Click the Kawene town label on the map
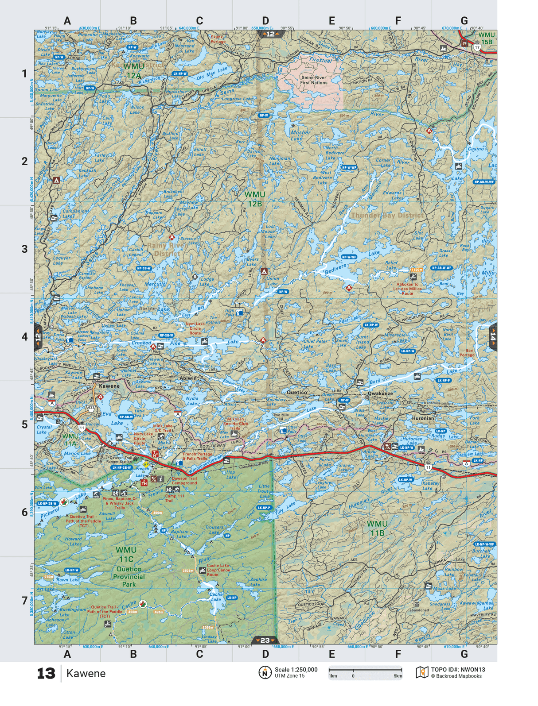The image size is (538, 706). (109, 386)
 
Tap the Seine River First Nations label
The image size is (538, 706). (314, 80)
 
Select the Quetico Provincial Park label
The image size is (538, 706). (129, 577)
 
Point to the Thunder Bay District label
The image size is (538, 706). (387, 216)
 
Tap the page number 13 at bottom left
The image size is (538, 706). (46, 674)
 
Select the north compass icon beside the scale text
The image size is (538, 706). (265, 672)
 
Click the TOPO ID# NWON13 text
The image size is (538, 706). (458, 670)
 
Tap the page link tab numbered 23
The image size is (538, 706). (265, 640)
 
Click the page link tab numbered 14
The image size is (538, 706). (492, 338)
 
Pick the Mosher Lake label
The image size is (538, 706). (300, 135)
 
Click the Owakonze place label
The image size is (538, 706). (380, 393)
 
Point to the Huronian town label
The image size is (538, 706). (423, 418)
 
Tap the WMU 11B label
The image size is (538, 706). (377, 529)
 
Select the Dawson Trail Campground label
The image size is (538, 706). (184, 481)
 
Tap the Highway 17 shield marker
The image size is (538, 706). (477, 47)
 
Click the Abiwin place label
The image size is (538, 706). (188, 378)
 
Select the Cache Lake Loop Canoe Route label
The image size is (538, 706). (218, 570)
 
